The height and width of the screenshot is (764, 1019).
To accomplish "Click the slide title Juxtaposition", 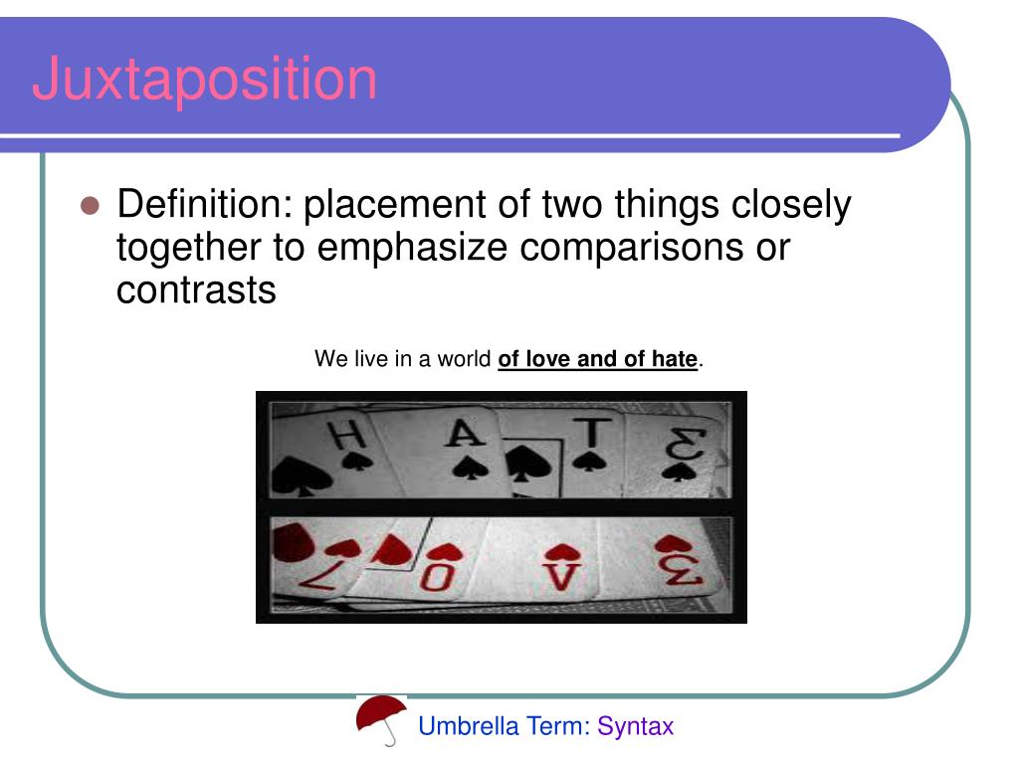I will [204, 81].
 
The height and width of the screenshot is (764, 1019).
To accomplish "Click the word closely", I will [792, 206].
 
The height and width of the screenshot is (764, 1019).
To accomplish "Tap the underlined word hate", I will [675, 358].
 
